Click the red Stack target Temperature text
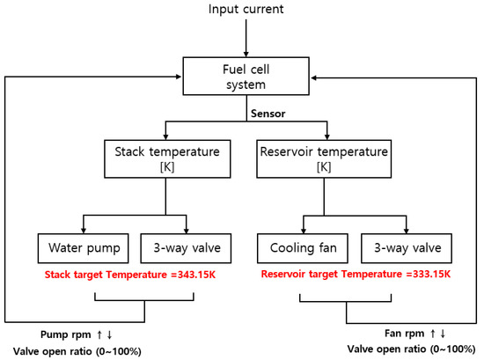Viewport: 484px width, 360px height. point(121,275)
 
